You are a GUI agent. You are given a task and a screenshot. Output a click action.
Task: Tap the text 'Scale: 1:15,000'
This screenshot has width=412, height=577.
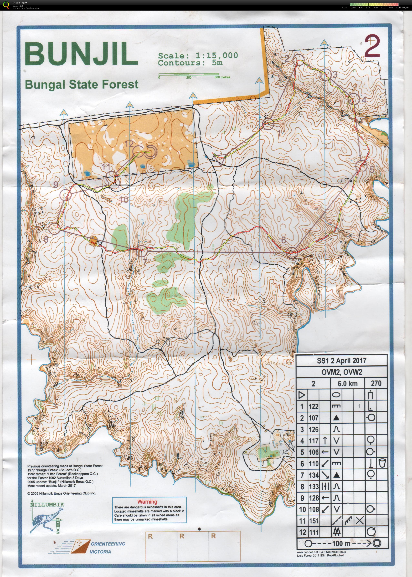(x=198, y=55)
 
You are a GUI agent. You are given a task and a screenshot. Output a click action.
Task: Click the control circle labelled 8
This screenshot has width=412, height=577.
(x=54, y=229)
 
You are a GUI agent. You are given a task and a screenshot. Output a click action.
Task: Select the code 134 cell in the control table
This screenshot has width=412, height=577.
(x=314, y=475)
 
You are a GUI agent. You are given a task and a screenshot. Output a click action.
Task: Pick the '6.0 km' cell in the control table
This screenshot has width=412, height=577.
(x=347, y=384)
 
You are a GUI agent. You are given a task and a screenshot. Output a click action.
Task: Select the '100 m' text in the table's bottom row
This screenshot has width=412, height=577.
(x=341, y=543)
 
